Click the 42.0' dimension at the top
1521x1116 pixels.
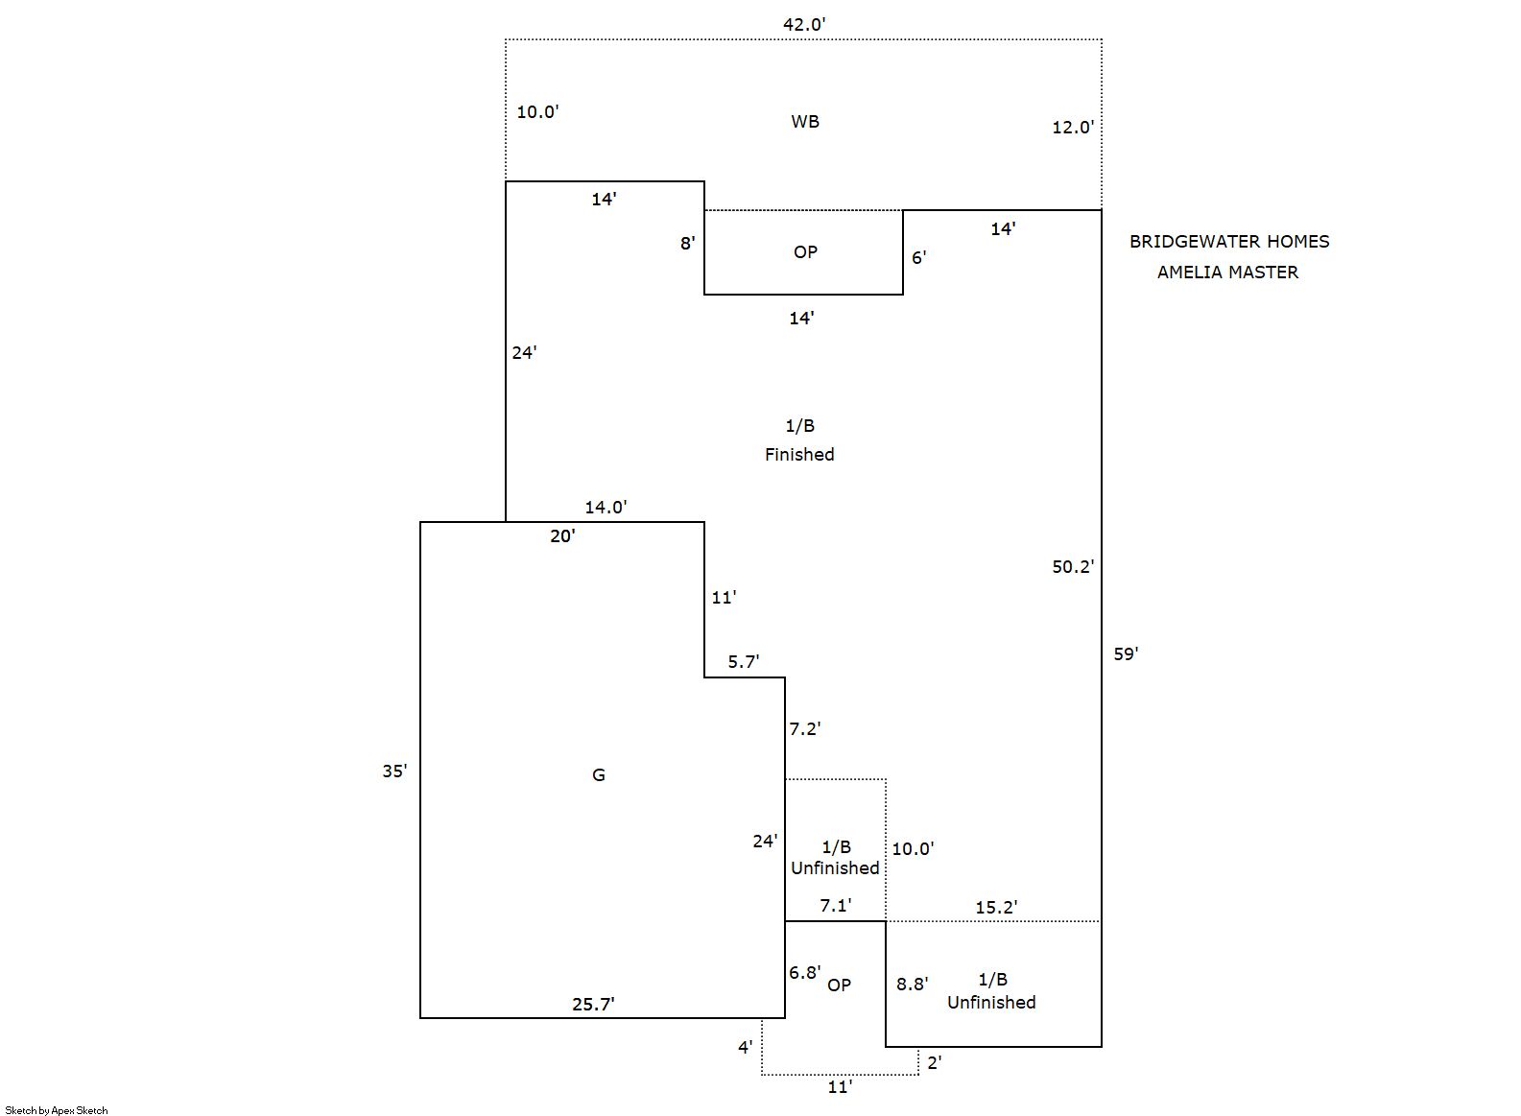pyautogui.click(x=804, y=24)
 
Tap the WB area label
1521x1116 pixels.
pyautogui.click(x=805, y=122)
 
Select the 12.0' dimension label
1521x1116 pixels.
pyautogui.click(x=1073, y=127)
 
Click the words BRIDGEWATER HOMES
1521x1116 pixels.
pyautogui.click(x=1229, y=242)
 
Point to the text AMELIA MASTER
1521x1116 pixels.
pyautogui.click(x=1227, y=273)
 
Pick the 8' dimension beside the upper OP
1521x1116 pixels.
pyautogui.click(x=687, y=244)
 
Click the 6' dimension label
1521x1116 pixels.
pyautogui.click(x=918, y=257)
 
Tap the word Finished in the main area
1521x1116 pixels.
pyautogui.click(x=799, y=455)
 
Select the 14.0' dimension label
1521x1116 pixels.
pyautogui.click(x=606, y=507)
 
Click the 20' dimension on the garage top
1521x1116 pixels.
pyautogui.click(x=562, y=536)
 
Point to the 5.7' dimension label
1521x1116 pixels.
pyautogui.click(x=743, y=662)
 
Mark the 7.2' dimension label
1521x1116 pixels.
pyautogui.click(x=804, y=729)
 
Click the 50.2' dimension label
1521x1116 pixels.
pyautogui.click(x=1073, y=567)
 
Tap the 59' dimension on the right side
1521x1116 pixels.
pyautogui.click(x=1126, y=654)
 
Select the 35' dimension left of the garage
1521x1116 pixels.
pyautogui.click(x=394, y=772)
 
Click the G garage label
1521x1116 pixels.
pyautogui.click(x=598, y=775)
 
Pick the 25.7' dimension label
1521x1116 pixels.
pyautogui.click(x=593, y=1005)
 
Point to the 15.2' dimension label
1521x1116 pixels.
pyautogui.click(x=996, y=908)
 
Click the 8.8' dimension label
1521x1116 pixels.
pyautogui.click(x=912, y=985)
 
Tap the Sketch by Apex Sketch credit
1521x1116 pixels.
pyautogui.click(x=57, y=1110)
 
